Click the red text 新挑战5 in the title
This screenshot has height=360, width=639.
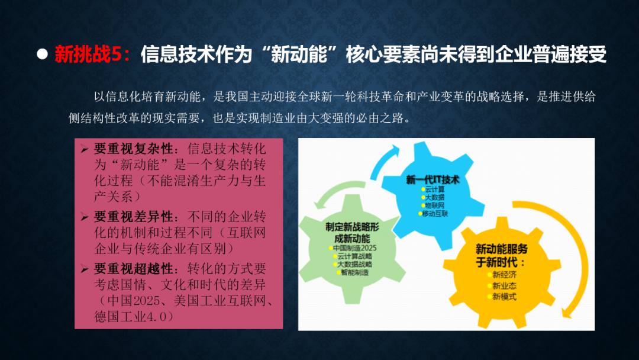[88, 54]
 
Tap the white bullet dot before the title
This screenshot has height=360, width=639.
[42, 54]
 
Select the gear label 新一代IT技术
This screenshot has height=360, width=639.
[433, 180]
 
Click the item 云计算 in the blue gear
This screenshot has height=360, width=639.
[435, 189]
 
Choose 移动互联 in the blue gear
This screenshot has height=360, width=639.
[435, 214]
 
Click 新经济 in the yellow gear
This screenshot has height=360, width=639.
[504, 275]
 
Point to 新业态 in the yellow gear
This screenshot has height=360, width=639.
[504, 286]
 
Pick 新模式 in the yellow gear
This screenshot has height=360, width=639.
[504, 297]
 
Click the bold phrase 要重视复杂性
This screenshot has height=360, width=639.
[133, 149]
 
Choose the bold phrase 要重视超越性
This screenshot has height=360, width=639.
[133, 269]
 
